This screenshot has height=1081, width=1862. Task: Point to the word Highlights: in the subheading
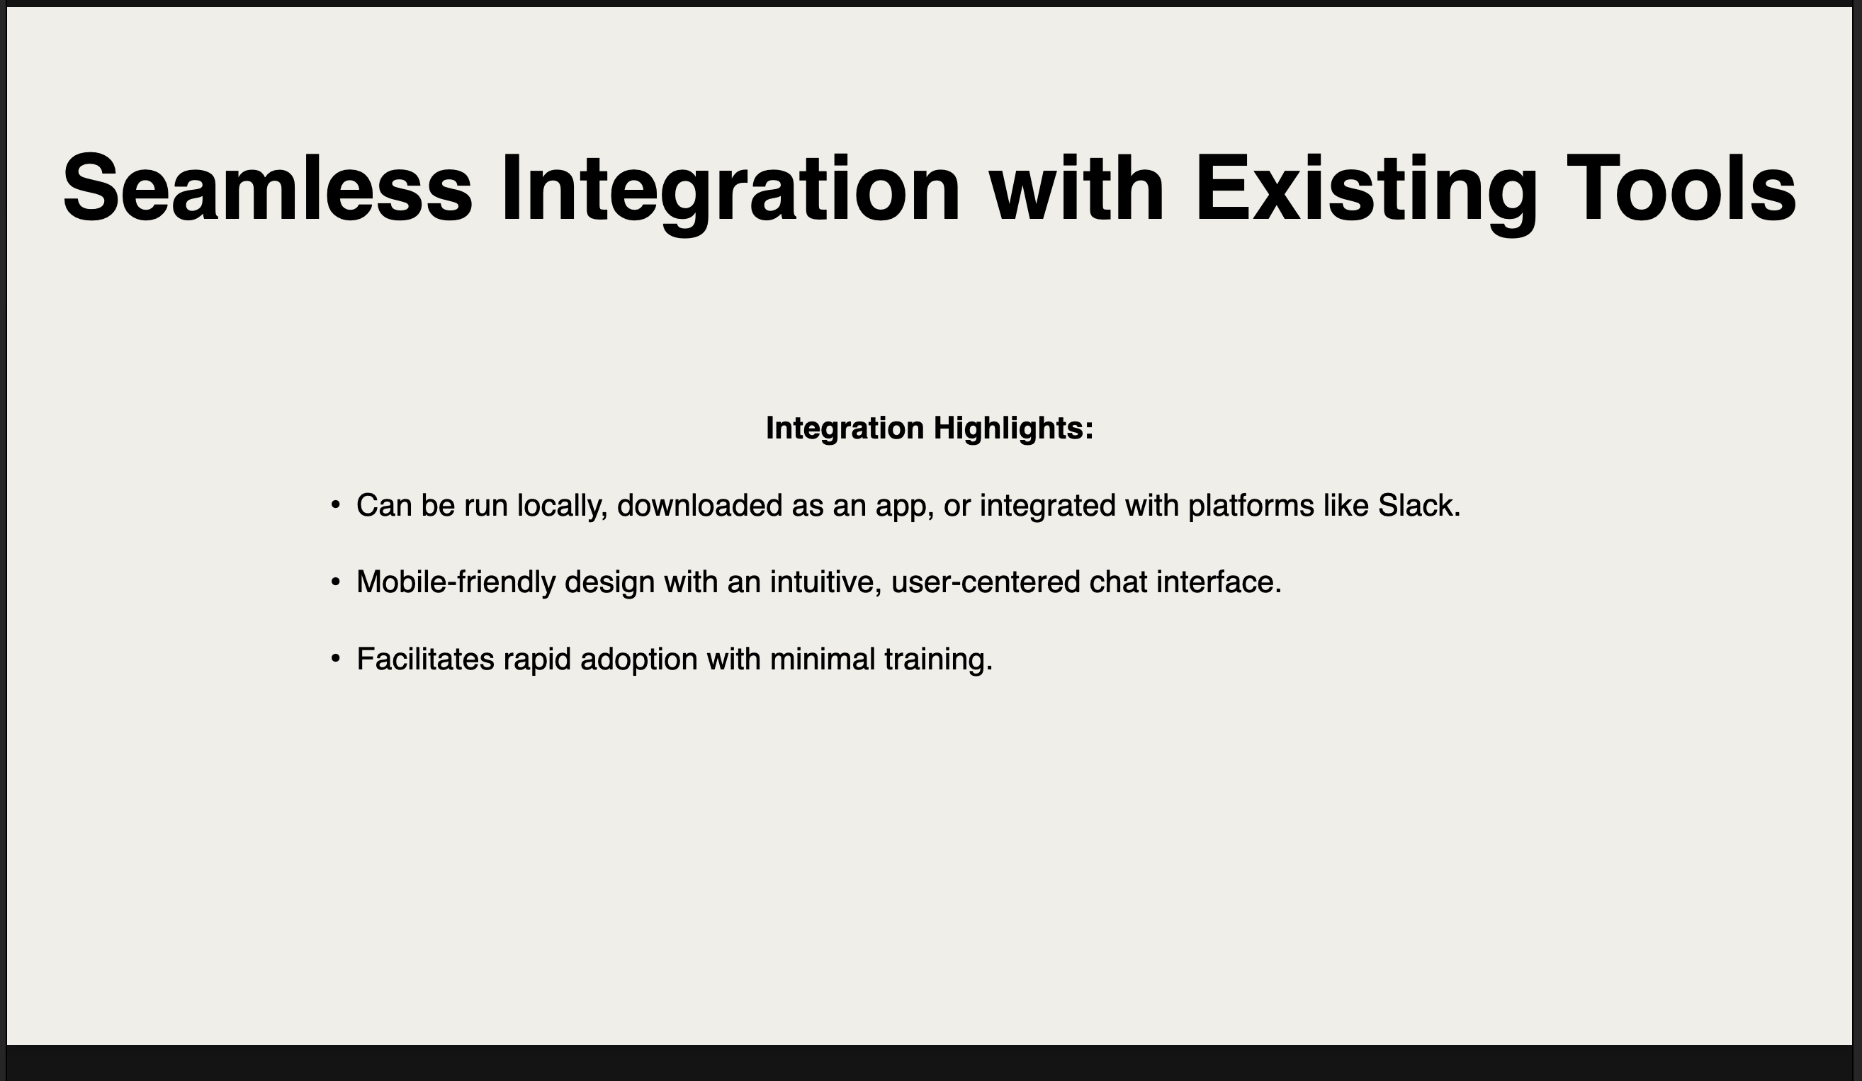pyautogui.click(x=1013, y=429)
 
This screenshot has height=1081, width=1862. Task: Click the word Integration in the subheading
pyautogui.click(x=845, y=429)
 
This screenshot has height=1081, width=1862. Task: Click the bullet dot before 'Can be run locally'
pyautogui.click(x=335, y=504)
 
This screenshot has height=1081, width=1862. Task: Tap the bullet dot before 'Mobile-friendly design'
pyautogui.click(x=335, y=582)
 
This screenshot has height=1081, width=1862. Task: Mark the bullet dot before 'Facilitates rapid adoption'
pyautogui.click(x=335, y=657)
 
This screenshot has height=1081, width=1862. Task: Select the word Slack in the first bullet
pyautogui.click(x=1415, y=505)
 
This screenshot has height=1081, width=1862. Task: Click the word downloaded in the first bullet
pyautogui.click(x=699, y=505)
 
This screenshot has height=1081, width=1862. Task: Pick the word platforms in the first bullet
pyautogui.click(x=1251, y=507)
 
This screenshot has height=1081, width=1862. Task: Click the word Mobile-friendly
pyautogui.click(x=455, y=583)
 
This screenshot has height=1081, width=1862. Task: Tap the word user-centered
pyautogui.click(x=986, y=582)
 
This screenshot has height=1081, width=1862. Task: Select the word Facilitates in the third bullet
pyautogui.click(x=425, y=658)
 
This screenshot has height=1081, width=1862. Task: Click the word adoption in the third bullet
pyautogui.click(x=638, y=660)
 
